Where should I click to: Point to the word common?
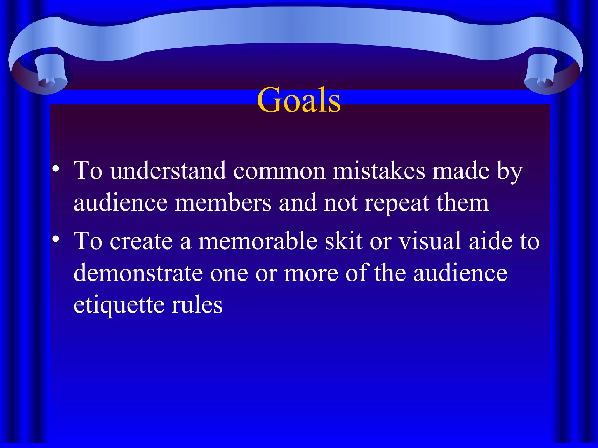point(279,171)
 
